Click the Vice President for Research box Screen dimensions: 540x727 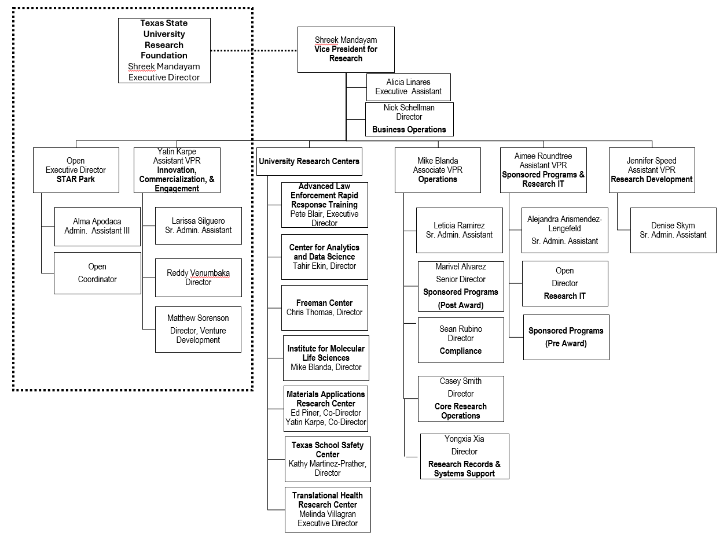coord(346,50)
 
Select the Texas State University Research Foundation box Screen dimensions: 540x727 coord(164,50)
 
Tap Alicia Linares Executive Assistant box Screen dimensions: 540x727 coord(408,87)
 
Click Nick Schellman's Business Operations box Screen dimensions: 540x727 coord(409,119)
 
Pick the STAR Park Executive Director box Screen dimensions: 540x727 coord(76,170)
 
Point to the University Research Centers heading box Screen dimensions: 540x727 coord(309,161)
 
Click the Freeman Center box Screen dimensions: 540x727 coord(324,308)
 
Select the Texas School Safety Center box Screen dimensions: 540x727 coord(328,459)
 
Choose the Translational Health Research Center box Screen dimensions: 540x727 coord(328,509)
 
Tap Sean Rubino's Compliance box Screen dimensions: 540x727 coord(461,340)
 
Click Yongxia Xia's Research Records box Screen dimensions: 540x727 coord(464,456)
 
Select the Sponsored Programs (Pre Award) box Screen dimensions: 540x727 coord(566,337)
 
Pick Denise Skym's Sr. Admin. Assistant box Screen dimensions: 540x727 coord(673,230)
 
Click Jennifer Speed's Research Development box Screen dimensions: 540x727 coord(651,170)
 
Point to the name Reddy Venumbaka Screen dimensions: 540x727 coord(198,273)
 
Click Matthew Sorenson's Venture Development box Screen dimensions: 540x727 coord(198,330)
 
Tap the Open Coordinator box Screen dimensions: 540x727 coord(97,273)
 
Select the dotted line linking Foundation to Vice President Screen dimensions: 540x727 coord(254,50)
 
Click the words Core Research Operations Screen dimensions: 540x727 coord(461,411)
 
